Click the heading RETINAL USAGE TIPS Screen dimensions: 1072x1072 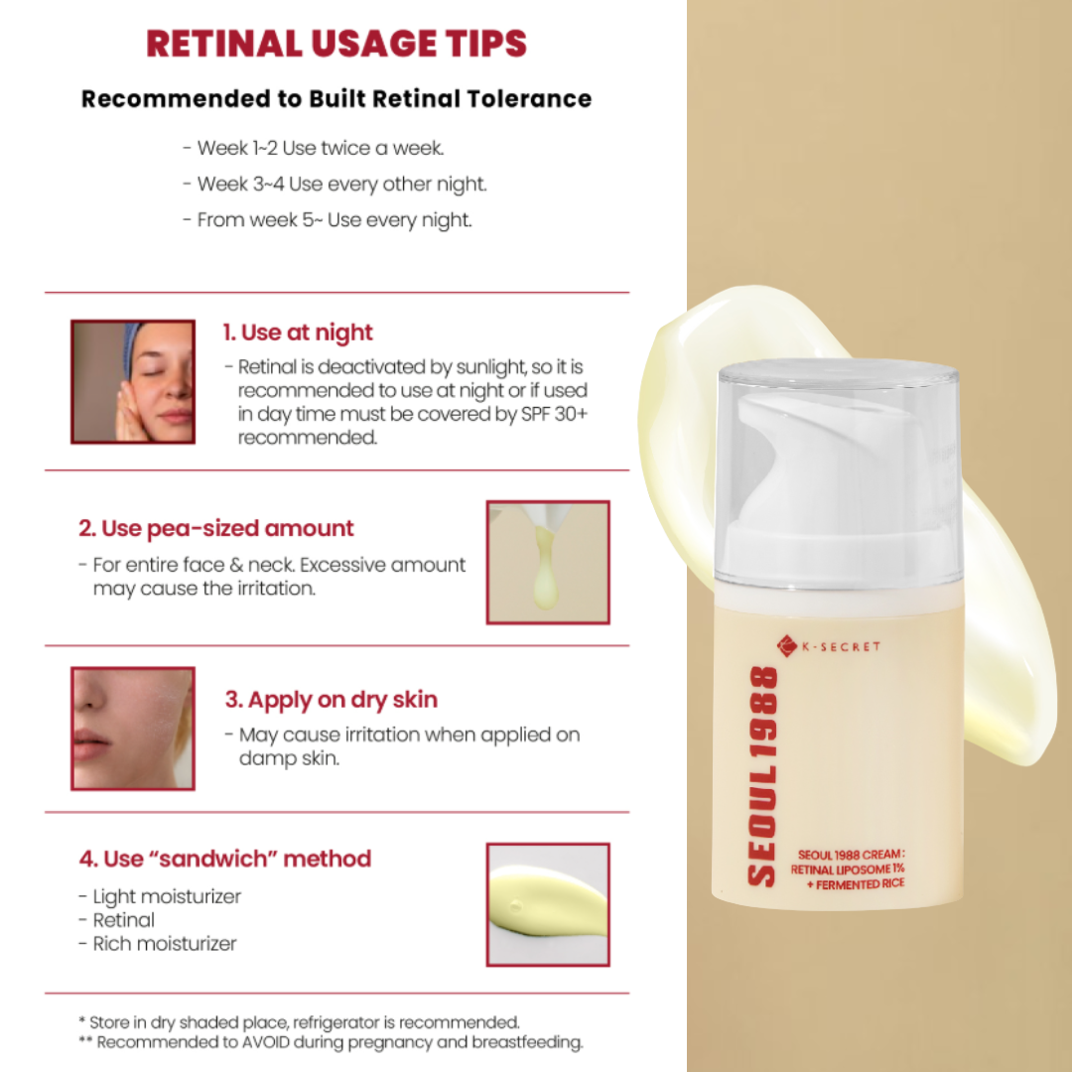pyautogui.click(x=336, y=43)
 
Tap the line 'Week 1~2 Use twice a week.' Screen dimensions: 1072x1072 pyautogui.click(x=314, y=148)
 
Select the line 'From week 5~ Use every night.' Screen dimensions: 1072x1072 pyautogui.click(x=328, y=220)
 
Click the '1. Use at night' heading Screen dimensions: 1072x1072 pyautogui.click(x=298, y=333)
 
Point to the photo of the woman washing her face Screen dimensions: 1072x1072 pyautogui.click(x=133, y=381)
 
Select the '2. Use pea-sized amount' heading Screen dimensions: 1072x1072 pyautogui.click(x=216, y=528)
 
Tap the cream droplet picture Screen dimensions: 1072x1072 pyautogui.click(x=548, y=562)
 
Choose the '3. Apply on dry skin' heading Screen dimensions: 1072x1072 pyautogui.click(x=331, y=700)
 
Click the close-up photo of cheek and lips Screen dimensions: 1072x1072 pyautogui.click(x=133, y=729)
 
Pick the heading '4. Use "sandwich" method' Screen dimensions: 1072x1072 pyautogui.click(x=225, y=859)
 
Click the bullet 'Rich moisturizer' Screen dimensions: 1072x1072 pyautogui.click(x=158, y=944)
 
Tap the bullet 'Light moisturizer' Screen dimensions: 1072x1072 pyautogui.click(x=160, y=896)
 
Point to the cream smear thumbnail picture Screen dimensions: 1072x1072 pyautogui.click(x=548, y=904)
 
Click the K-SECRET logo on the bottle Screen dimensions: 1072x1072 pyautogui.click(x=829, y=645)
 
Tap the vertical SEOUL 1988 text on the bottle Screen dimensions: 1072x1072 pyautogui.click(x=762, y=776)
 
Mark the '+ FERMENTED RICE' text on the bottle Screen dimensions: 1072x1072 pyautogui.click(x=856, y=884)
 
